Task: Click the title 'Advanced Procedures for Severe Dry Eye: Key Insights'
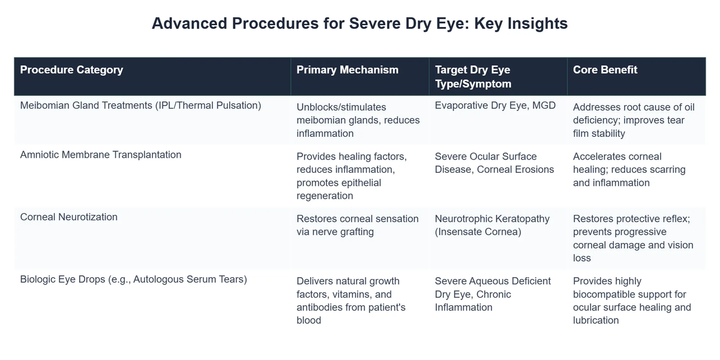359,23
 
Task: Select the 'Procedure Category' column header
71,70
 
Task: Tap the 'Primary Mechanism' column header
347,70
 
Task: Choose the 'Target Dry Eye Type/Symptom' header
473,76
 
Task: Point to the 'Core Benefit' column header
605,70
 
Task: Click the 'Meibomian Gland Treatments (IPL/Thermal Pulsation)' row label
140,106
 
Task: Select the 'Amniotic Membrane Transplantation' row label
101,155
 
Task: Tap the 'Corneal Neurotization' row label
69,217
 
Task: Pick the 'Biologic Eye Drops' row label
134,279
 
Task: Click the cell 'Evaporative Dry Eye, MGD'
495,106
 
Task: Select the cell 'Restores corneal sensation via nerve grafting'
358,225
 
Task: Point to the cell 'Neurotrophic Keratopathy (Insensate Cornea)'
492,225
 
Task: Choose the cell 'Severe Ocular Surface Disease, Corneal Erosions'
494,163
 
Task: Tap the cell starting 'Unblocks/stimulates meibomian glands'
358,119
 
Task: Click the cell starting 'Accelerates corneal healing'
629,169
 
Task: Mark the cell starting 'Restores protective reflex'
633,238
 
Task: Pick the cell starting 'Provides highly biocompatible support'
632,300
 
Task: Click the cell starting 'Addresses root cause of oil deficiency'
634,119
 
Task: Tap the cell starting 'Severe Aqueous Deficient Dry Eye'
493,294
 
